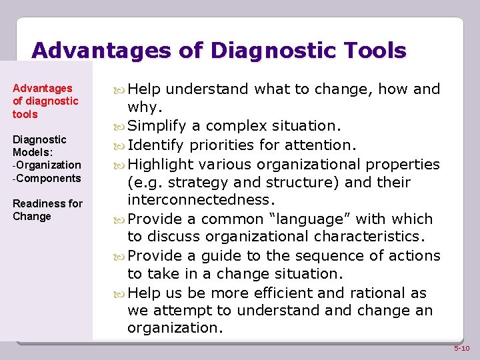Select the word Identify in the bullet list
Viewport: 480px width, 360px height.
[x=157, y=145]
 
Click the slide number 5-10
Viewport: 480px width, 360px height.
[x=461, y=349]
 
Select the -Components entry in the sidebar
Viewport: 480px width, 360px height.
[x=47, y=178]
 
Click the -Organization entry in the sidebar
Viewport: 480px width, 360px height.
[x=47, y=165]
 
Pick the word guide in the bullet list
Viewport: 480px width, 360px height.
[x=253, y=255]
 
